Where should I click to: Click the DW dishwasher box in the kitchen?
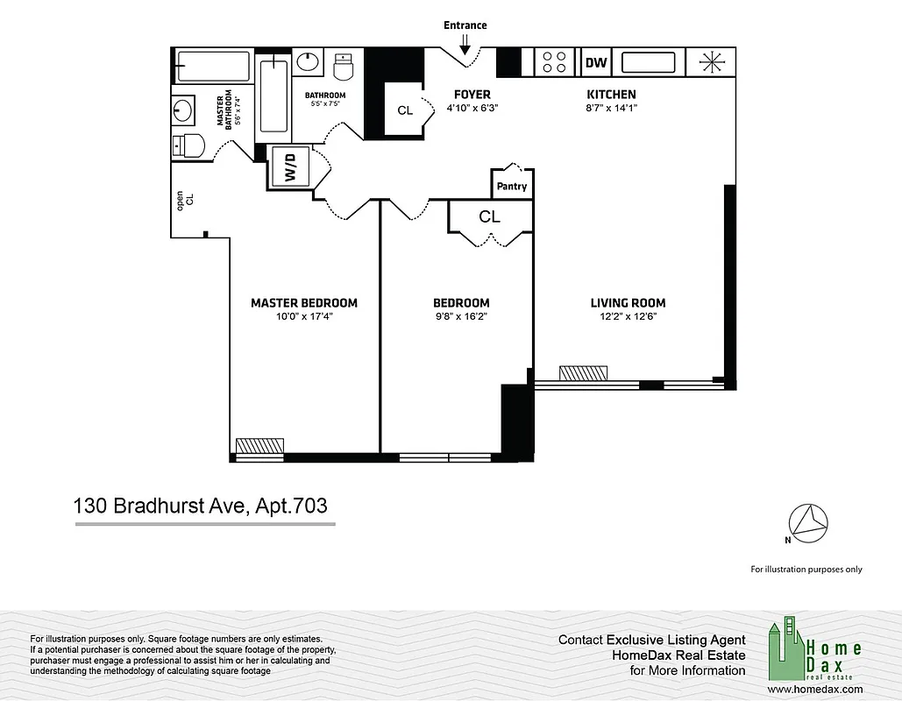click(596, 62)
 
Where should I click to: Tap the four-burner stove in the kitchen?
click(554, 62)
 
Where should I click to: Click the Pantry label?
click(512, 187)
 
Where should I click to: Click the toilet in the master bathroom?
click(187, 145)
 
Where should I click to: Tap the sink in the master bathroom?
click(184, 111)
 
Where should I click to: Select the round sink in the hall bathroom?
click(309, 62)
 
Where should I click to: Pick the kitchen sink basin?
click(648, 62)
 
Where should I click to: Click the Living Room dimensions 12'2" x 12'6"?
click(628, 316)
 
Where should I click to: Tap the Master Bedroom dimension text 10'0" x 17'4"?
click(303, 316)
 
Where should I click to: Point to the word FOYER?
click(472, 95)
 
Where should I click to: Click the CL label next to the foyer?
click(404, 110)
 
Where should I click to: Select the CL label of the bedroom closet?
click(489, 216)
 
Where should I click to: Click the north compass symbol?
click(809, 521)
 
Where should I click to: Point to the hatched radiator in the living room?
click(582, 372)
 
